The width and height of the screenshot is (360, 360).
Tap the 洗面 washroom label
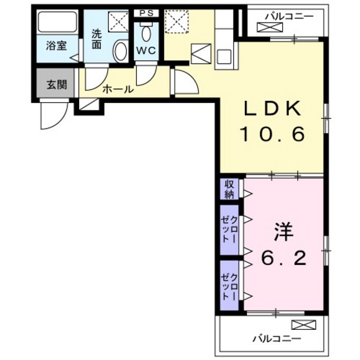point(96,40)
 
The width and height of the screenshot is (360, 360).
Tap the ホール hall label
point(118,89)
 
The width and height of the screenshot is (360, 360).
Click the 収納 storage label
point(229,189)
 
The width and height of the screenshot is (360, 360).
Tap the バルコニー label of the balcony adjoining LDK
point(277,14)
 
